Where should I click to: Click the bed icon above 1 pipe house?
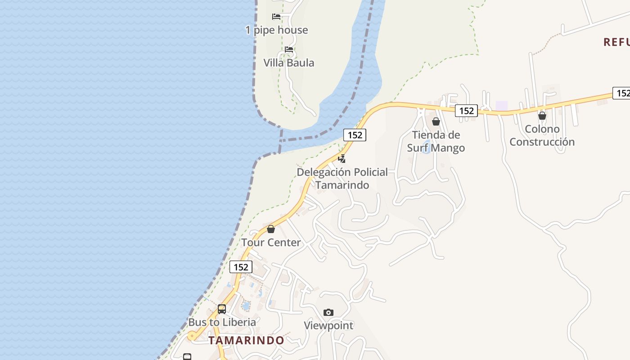coord(276,17)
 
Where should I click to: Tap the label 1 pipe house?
coord(276,30)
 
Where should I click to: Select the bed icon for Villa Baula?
coord(289,49)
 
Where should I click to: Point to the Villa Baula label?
coord(288,63)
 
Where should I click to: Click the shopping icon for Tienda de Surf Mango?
coord(436,121)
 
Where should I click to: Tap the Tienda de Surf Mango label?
coord(436,141)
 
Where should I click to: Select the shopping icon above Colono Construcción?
coord(542,116)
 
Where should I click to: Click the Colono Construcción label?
coord(542,135)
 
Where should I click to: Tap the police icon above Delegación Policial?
coord(342,158)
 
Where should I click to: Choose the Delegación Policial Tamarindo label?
coord(342,178)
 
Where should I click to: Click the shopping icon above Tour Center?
coord(271,229)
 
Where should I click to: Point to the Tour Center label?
coord(271,243)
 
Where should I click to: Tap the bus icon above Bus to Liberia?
coord(222,309)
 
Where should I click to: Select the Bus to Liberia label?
coord(222,322)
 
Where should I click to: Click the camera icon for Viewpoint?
coord(328,312)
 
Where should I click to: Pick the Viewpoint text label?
coord(328,325)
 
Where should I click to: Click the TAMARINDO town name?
coord(246,340)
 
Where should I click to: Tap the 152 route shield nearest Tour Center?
coord(241,267)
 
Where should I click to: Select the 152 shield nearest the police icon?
coord(355,135)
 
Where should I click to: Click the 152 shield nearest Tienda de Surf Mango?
coord(466,110)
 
